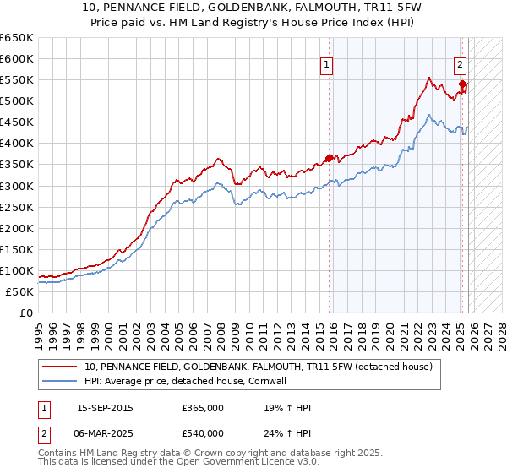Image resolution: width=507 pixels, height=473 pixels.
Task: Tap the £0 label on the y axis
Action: tap(26, 313)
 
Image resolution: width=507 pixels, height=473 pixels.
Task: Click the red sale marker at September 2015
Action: tap(330, 158)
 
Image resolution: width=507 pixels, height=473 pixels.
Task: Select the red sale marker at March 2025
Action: tap(462, 84)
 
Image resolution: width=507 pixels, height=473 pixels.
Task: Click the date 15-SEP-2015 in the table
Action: tap(105, 408)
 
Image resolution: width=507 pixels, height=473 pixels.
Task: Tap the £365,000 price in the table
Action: tap(203, 408)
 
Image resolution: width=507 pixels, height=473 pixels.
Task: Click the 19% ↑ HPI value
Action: tap(287, 408)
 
